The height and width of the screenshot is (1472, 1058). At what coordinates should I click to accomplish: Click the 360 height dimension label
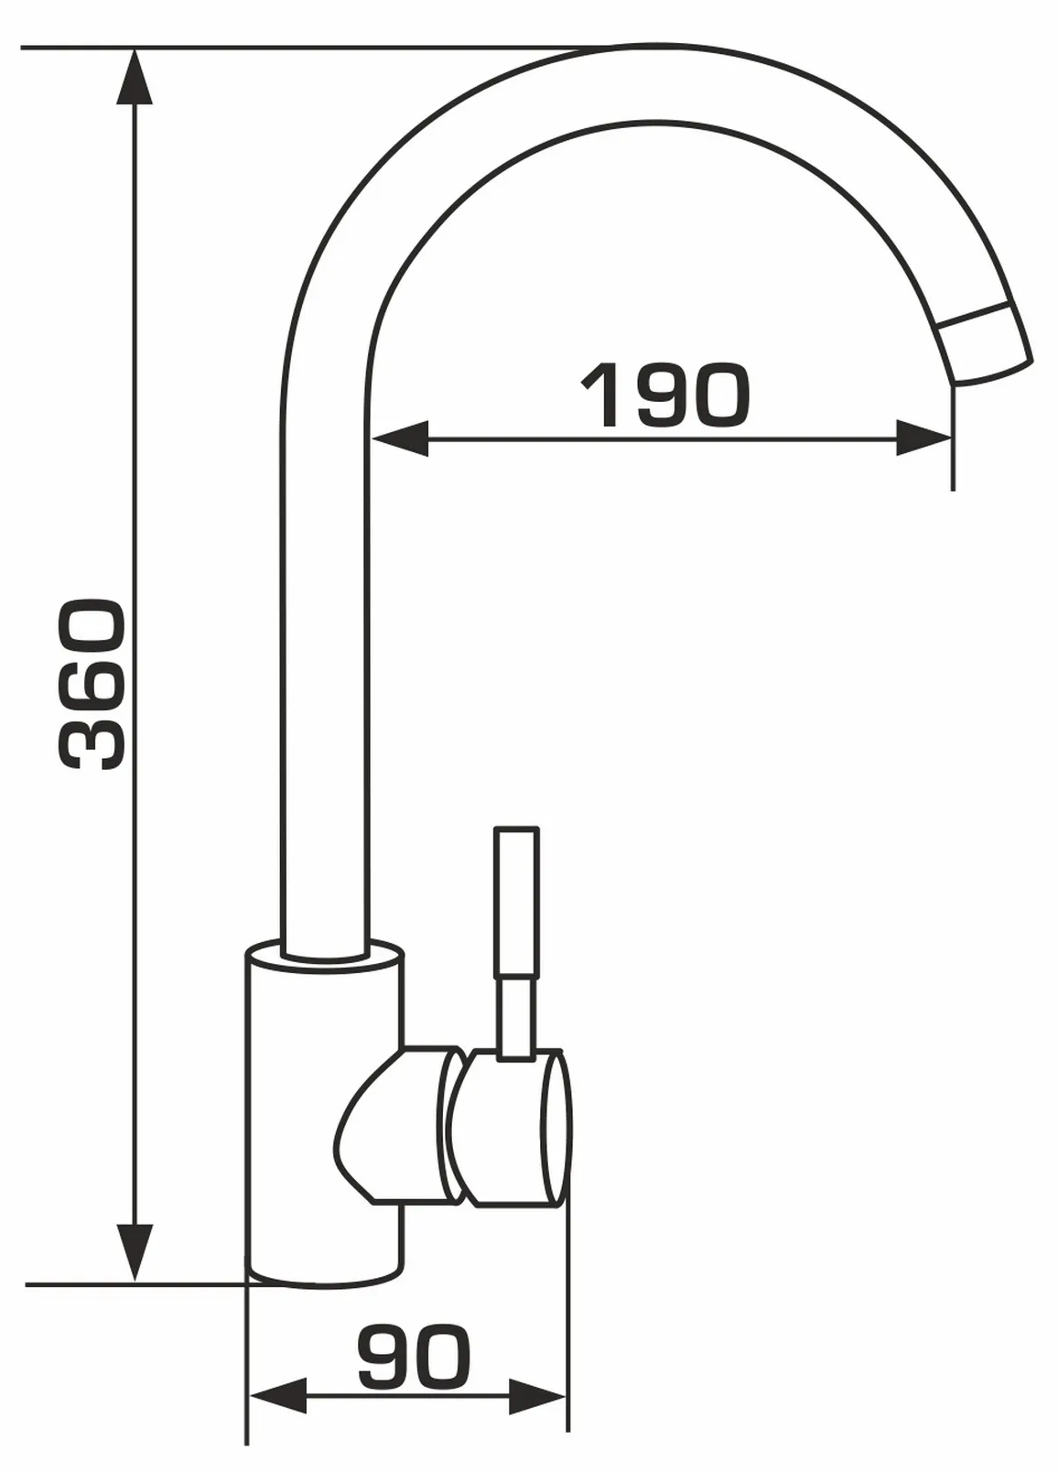[91, 684]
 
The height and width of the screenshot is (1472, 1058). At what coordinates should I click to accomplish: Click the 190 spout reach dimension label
[664, 395]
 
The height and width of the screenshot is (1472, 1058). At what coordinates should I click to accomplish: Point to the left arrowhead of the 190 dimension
[400, 438]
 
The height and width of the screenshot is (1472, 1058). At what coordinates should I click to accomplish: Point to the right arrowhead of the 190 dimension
[924, 438]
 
